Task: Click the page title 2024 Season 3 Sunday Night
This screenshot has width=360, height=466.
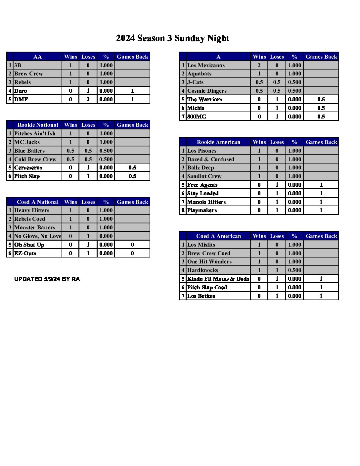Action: (173, 38)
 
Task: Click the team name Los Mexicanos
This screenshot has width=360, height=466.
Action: (206, 66)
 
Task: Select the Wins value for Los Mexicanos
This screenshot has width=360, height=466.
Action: (259, 66)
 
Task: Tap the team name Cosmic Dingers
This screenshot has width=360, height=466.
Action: (207, 91)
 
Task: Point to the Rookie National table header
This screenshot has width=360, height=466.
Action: (38, 125)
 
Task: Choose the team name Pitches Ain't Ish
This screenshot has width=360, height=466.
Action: (35, 134)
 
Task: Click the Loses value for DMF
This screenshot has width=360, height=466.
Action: (88, 99)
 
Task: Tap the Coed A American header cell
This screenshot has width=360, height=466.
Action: (218, 236)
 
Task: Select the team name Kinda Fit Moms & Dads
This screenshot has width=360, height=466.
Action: (218, 279)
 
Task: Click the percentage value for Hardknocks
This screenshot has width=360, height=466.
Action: (294, 270)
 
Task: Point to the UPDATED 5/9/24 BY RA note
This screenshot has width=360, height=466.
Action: (47, 279)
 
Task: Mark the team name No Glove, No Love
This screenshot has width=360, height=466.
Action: (38, 236)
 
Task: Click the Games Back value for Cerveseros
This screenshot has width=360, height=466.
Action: (132, 168)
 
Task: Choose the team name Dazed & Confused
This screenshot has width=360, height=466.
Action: (210, 160)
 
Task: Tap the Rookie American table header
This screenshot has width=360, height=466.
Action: (218, 142)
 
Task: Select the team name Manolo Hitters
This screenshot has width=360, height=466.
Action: (206, 202)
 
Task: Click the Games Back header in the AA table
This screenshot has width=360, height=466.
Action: (132, 57)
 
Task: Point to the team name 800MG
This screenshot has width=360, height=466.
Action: (197, 117)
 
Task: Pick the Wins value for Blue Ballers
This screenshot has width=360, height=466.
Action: (70, 151)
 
